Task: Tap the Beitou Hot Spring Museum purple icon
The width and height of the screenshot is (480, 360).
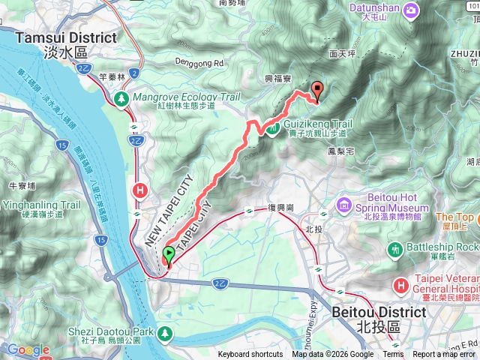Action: [x=344, y=203]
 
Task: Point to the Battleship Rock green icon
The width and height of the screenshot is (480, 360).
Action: [x=394, y=247]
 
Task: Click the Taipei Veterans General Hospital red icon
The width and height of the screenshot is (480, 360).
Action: [x=403, y=284]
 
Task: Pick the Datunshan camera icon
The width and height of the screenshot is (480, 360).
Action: [x=411, y=10]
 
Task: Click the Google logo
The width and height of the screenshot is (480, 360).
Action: [x=28, y=349]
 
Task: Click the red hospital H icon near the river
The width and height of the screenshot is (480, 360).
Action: [x=139, y=190]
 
